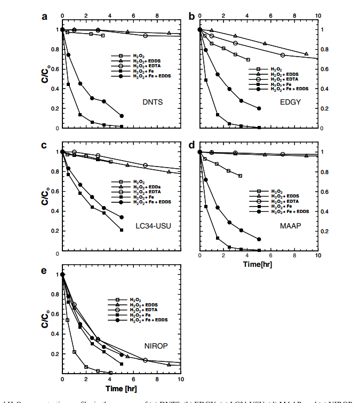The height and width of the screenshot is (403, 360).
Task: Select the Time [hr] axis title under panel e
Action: point(122,388)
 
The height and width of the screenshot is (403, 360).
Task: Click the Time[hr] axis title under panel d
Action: point(259,264)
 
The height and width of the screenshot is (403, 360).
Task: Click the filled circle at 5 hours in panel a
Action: point(122,116)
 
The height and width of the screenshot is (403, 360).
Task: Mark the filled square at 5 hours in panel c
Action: point(122,230)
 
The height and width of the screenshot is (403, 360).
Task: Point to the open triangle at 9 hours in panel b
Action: point(306,54)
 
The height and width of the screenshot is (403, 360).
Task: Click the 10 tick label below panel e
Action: point(180,379)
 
